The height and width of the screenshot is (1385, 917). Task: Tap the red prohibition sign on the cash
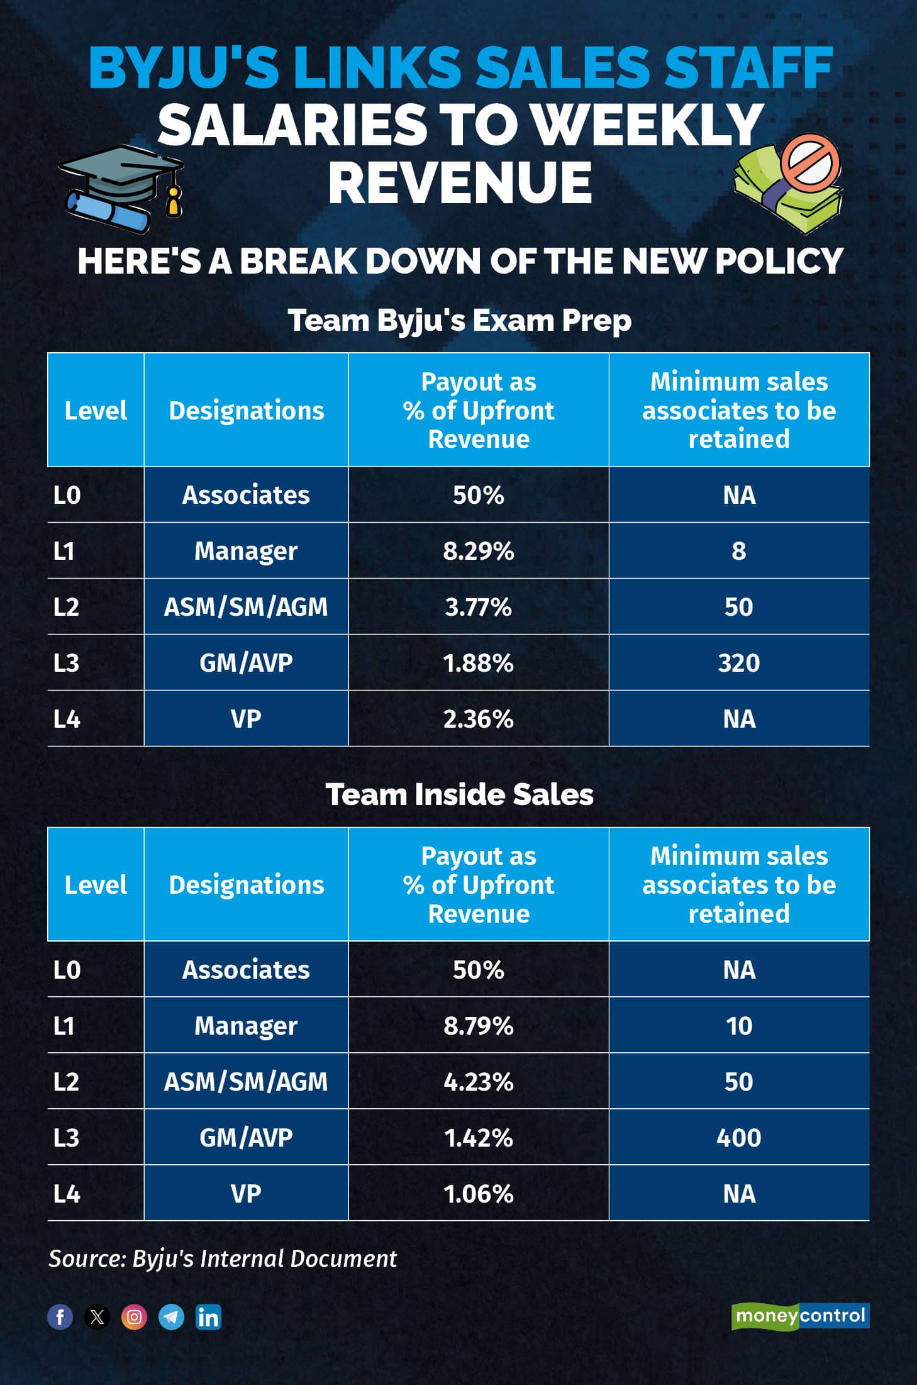(x=810, y=162)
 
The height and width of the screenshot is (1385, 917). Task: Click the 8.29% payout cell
(x=479, y=551)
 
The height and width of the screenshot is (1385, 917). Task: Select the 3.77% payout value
(x=479, y=607)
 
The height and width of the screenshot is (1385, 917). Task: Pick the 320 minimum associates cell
(x=739, y=663)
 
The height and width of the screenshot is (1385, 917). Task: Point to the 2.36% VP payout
(x=479, y=719)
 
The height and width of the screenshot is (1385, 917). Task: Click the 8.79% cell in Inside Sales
(x=479, y=1026)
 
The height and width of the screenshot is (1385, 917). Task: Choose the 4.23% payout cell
(x=479, y=1082)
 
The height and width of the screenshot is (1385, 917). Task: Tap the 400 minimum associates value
(x=739, y=1138)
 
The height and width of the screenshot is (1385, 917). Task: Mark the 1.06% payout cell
(x=479, y=1194)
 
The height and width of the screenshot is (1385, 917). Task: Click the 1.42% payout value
(x=479, y=1138)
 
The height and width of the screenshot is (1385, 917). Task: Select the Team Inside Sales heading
(x=459, y=794)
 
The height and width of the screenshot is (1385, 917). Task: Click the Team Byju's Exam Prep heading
(x=459, y=320)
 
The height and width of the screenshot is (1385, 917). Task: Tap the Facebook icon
(x=60, y=1316)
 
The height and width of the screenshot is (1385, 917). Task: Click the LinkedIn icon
(x=208, y=1316)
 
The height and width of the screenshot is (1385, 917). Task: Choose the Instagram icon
(x=134, y=1316)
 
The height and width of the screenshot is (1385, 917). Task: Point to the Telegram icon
(x=171, y=1316)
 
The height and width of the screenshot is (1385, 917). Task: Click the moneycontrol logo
(x=800, y=1316)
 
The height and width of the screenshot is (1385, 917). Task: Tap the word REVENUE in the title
(x=459, y=182)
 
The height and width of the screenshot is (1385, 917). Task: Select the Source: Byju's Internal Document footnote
(x=223, y=1259)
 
